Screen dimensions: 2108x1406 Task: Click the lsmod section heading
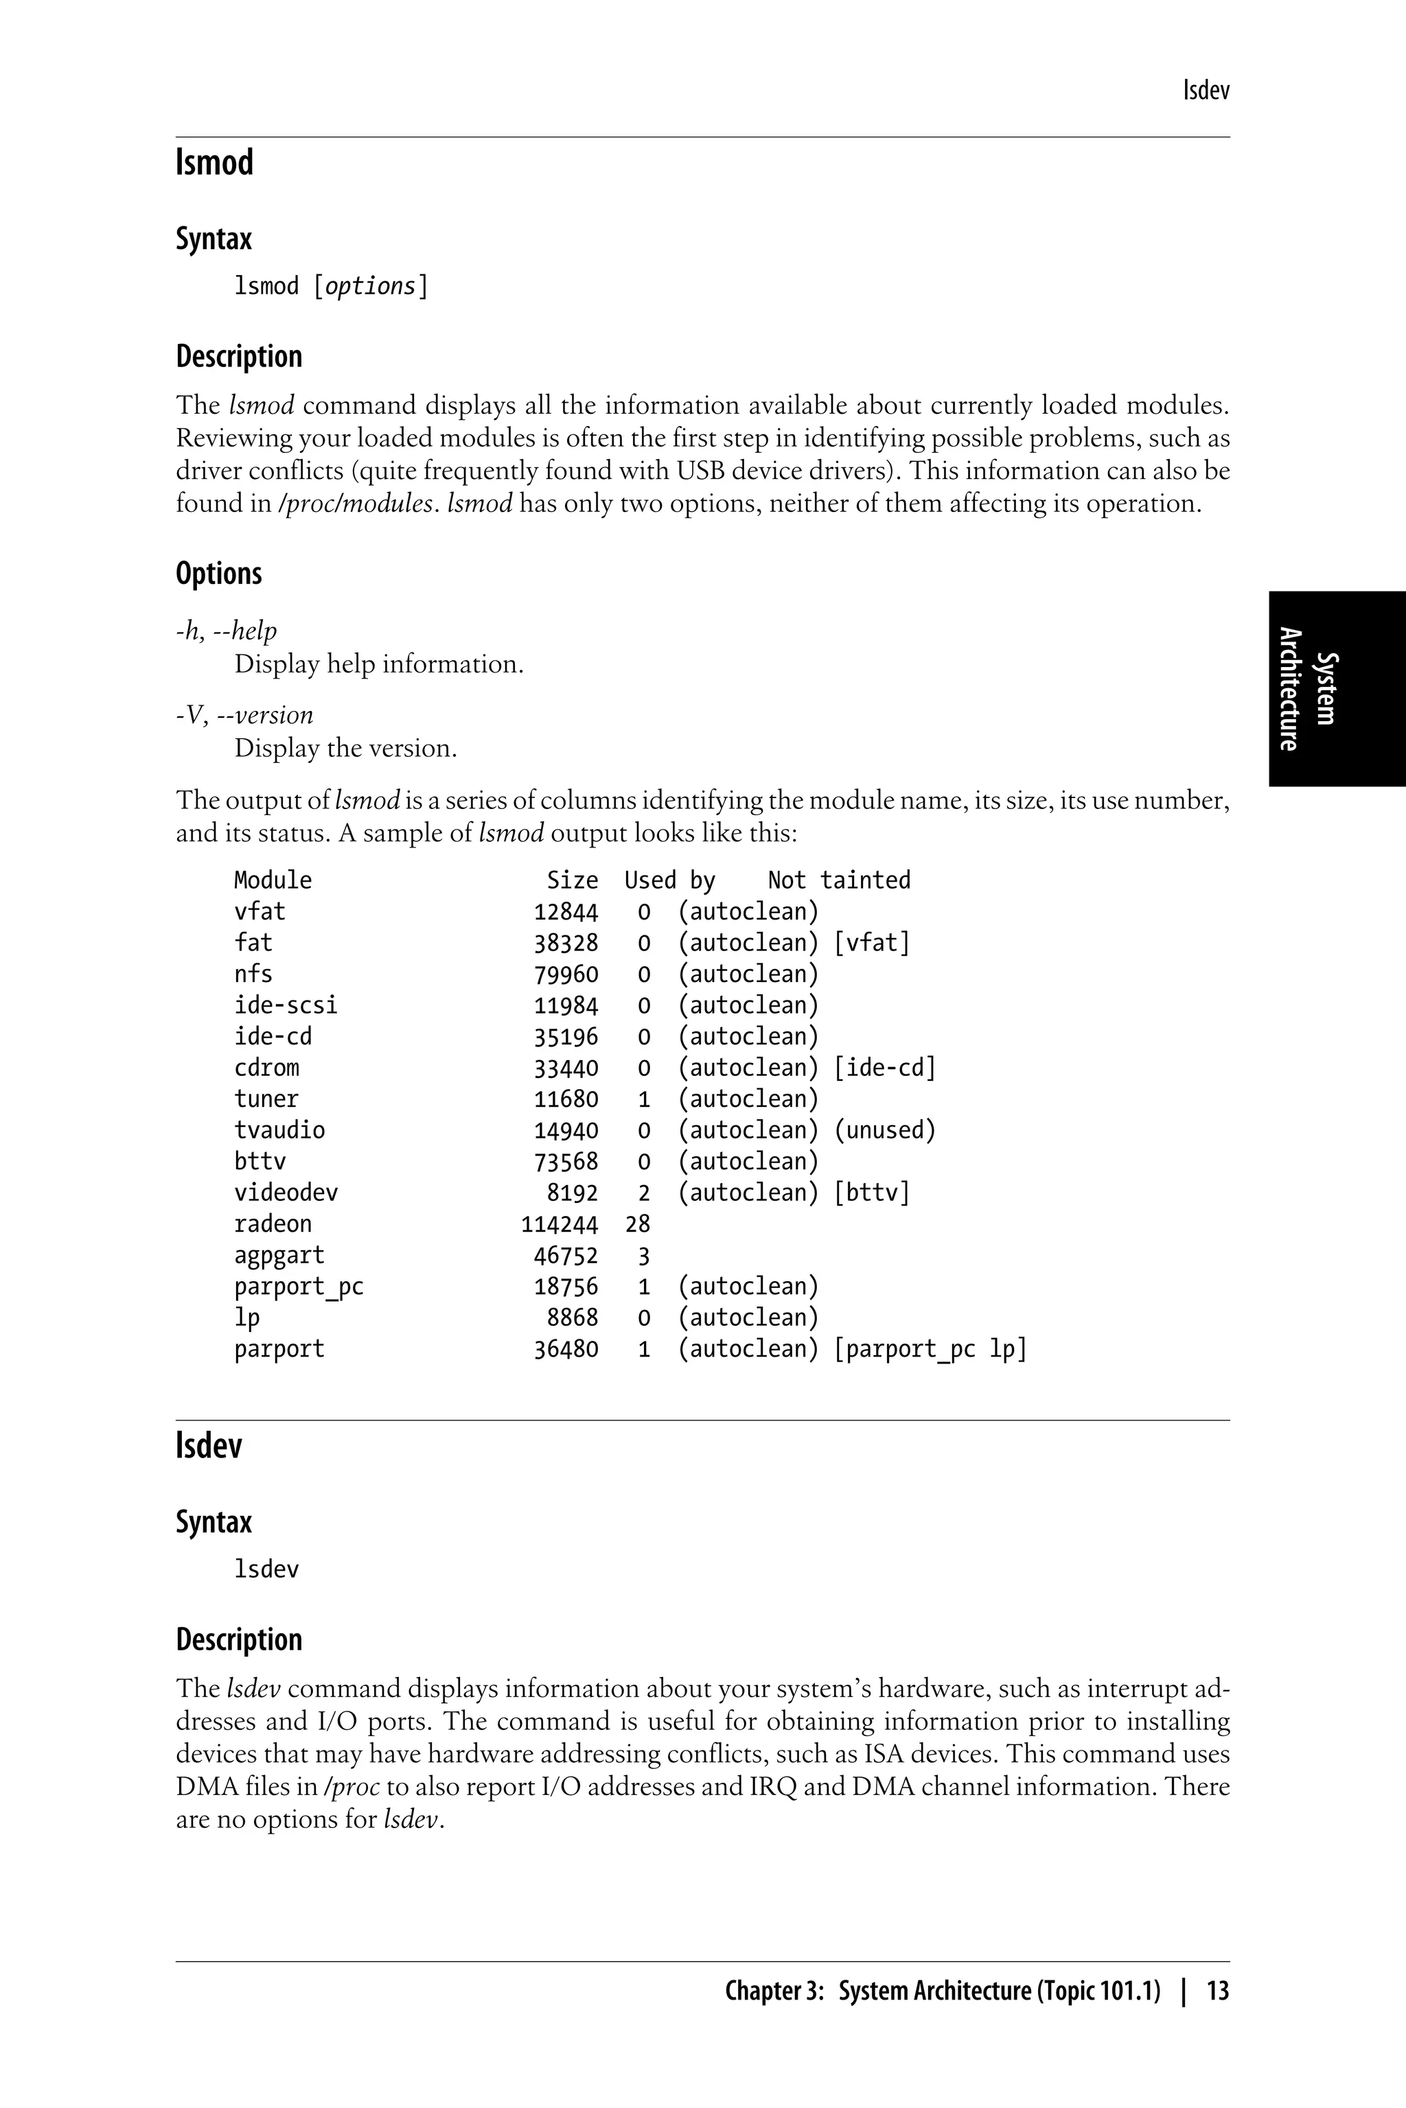(214, 163)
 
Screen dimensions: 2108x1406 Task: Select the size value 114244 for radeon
(559, 1224)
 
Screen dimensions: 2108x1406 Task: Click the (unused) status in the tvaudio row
(884, 1130)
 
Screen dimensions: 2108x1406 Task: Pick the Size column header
(572, 880)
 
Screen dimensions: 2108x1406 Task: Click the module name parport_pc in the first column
(299, 1287)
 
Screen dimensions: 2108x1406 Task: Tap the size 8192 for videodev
(572, 1193)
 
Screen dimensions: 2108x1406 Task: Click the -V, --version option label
(244, 715)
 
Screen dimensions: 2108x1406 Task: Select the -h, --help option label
(226, 631)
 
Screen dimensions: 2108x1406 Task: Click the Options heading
(219, 574)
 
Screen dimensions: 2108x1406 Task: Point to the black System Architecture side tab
(1336, 688)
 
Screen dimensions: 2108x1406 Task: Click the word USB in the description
(701, 471)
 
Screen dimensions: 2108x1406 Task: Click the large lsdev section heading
(209, 1447)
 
